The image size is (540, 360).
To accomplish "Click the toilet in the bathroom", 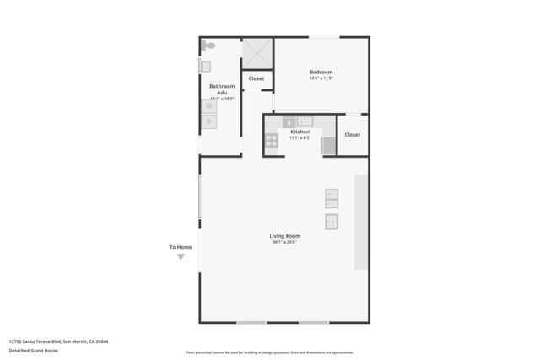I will [208, 46].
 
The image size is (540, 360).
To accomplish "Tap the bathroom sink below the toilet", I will [205, 65].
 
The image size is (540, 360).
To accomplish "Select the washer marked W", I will [209, 106].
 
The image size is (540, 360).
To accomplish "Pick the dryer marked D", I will [209, 121].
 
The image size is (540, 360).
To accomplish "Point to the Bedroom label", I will [321, 72].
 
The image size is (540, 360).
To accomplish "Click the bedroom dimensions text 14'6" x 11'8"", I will [321, 78].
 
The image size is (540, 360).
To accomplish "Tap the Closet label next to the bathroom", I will [256, 78].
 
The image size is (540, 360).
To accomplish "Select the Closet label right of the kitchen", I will [352, 134].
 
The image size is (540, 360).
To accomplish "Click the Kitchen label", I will [300, 132].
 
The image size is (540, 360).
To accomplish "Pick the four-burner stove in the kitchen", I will [272, 141].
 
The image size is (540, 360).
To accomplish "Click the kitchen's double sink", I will [305, 121].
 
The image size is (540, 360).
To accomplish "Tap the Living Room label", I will [284, 235].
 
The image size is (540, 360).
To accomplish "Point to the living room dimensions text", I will [284, 242].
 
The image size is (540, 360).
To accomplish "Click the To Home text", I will [181, 247].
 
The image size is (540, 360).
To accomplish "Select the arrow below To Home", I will [181, 257].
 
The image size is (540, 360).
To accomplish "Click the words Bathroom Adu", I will [222, 89].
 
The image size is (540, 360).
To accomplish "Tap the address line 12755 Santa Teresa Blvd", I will [58, 341].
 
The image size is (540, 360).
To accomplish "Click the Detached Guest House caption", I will [34, 350].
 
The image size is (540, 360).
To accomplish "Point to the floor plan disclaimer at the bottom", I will [269, 352].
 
